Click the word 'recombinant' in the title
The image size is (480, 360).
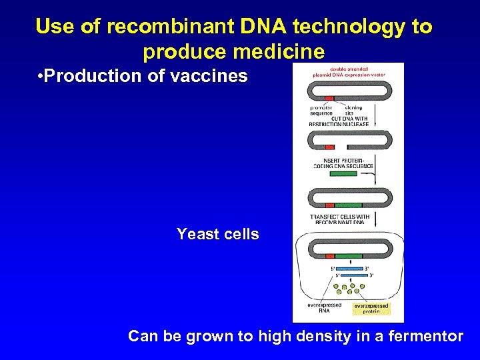point(164,27)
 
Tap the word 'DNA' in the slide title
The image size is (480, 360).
point(250,27)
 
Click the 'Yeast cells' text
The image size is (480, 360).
point(217,234)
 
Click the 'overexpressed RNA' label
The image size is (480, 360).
point(324,308)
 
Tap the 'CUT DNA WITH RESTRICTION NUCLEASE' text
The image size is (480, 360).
point(339,121)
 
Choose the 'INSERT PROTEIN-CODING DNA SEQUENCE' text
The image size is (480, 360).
point(343,163)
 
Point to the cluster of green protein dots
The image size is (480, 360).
point(347,288)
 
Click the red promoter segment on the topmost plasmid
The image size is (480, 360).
point(329,98)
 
